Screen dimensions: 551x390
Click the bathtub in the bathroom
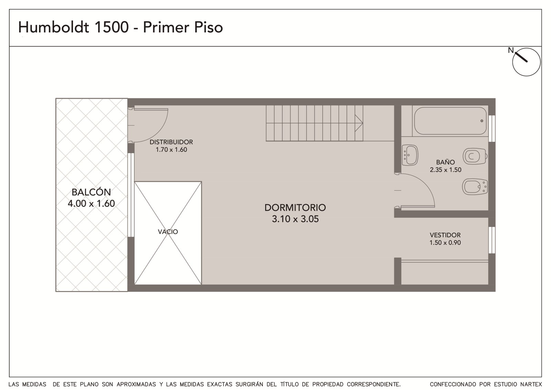click(x=450, y=121)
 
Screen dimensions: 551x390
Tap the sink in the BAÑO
click(x=410, y=155)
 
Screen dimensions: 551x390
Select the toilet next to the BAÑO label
click(x=475, y=156)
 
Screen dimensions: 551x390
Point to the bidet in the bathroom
click(x=475, y=187)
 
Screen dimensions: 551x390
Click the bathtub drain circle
click(x=482, y=121)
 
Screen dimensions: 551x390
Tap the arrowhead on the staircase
click(x=358, y=123)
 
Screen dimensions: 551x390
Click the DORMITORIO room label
click(x=295, y=208)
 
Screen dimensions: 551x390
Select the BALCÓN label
click(x=91, y=192)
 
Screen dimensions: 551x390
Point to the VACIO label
click(x=168, y=232)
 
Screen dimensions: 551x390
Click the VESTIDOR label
click(x=445, y=235)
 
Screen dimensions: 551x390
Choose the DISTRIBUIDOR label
click(x=171, y=142)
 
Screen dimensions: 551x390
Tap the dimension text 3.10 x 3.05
click(x=295, y=219)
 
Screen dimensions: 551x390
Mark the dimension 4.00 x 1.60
click(x=91, y=203)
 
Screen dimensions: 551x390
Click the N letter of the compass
click(x=511, y=50)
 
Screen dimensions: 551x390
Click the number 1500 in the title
click(x=112, y=27)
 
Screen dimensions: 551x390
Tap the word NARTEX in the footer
click(x=531, y=384)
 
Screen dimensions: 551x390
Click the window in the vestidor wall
click(x=492, y=240)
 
